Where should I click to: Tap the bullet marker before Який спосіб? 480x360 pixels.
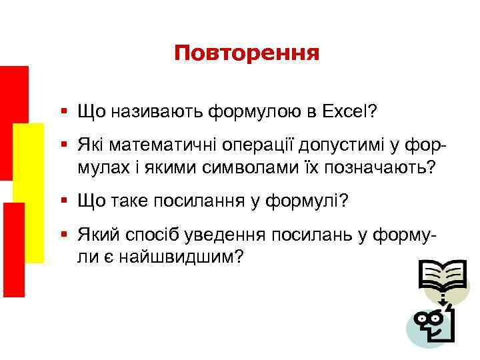coord(64,237)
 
